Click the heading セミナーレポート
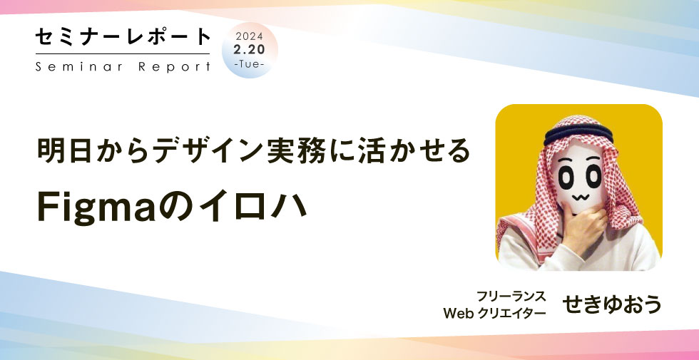[x=123, y=37]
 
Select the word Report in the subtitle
[x=174, y=67]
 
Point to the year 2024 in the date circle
[x=250, y=36]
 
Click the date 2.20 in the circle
[x=250, y=50]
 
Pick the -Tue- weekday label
[x=250, y=64]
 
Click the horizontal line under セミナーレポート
[x=123, y=54]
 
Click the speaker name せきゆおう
[x=612, y=305]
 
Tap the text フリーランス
[x=511, y=297]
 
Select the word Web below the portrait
[x=459, y=314]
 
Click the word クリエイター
[x=512, y=314]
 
